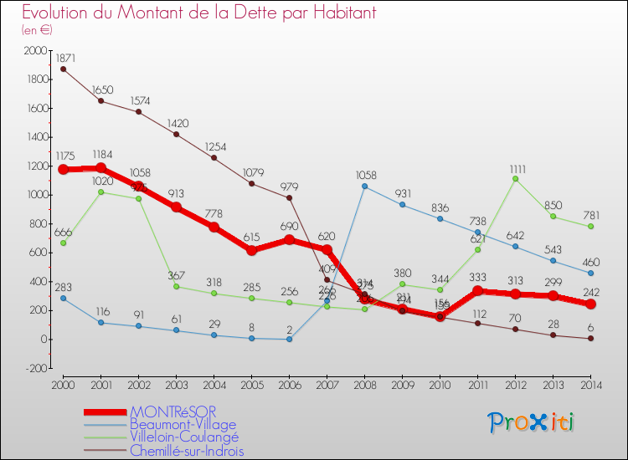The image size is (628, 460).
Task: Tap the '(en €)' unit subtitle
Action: [37, 29]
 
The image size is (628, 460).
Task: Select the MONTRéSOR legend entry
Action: [172, 412]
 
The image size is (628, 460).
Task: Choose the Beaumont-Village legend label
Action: [183, 425]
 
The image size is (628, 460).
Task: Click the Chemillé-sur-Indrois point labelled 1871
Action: [63, 69]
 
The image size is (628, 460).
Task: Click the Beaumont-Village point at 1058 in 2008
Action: [365, 186]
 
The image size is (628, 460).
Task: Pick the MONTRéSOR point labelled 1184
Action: [101, 168]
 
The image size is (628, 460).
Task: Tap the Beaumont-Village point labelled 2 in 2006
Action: [290, 339]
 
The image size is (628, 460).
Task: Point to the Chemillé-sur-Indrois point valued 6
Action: [591, 339]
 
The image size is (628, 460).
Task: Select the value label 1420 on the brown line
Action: [176, 120]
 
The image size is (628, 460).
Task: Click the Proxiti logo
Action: [533, 422]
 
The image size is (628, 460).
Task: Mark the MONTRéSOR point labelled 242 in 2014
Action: [591, 304]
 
